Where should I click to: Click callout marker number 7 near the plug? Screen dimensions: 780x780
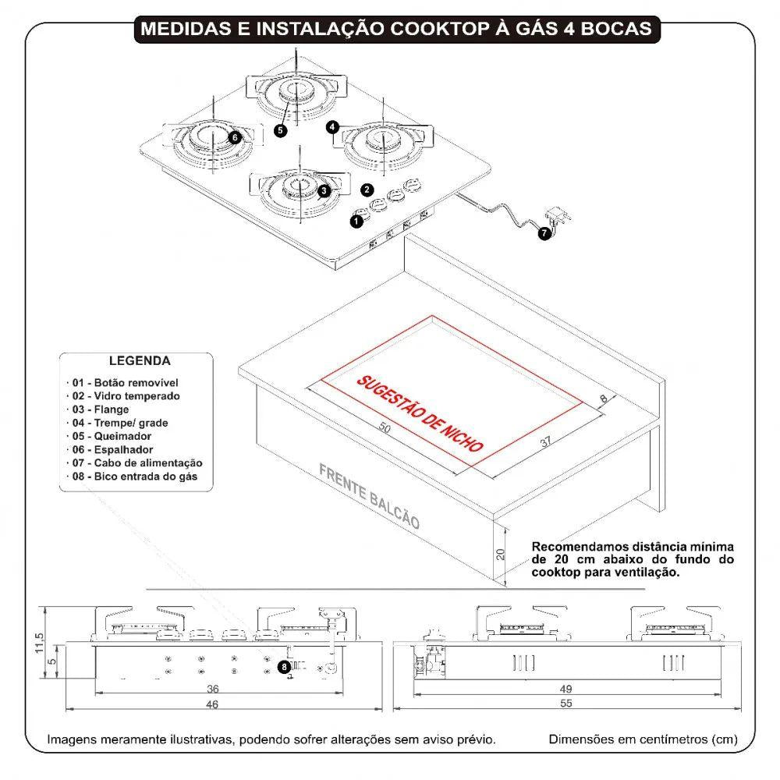click(543, 232)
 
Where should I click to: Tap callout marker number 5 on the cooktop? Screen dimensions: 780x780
click(280, 131)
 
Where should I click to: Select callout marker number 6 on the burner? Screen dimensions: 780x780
click(236, 136)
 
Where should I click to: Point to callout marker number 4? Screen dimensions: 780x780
click(333, 126)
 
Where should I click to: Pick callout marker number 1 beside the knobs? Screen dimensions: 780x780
click(356, 222)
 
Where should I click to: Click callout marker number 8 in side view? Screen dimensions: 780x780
click(284, 667)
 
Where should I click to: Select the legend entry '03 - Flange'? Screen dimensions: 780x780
click(101, 409)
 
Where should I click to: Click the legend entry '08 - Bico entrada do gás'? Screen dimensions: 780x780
click(135, 476)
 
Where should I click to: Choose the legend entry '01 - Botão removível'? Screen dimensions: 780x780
click(125, 383)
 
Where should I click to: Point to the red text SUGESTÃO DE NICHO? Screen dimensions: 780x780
click(420, 413)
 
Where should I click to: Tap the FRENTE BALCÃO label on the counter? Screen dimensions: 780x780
click(369, 498)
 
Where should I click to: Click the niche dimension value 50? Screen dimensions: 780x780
click(385, 428)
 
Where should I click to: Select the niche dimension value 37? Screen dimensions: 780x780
click(545, 442)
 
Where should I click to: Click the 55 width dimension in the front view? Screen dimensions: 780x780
click(565, 704)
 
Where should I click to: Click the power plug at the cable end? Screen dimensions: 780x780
click(558, 215)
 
